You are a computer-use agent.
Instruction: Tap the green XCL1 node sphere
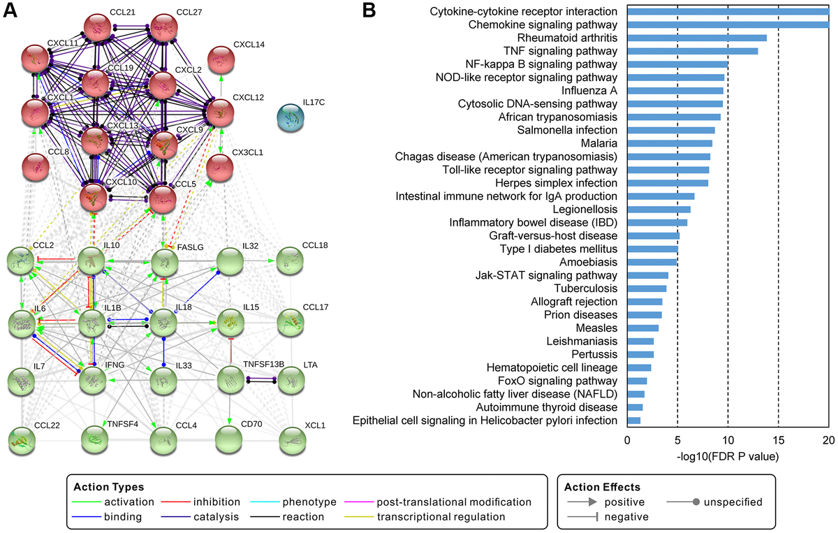click(293, 441)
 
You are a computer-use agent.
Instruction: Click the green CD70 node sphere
click(230, 441)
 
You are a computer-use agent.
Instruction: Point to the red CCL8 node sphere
click(39, 168)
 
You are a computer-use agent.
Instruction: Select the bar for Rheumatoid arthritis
click(697, 38)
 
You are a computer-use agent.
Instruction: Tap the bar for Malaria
click(670, 143)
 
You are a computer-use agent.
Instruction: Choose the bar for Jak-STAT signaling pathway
click(647, 275)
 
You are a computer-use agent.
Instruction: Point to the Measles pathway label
click(597, 328)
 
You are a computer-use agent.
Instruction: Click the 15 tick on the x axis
click(779, 439)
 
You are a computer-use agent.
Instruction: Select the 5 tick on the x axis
click(677, 439)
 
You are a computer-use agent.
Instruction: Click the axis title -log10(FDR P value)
click(728, 456)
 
